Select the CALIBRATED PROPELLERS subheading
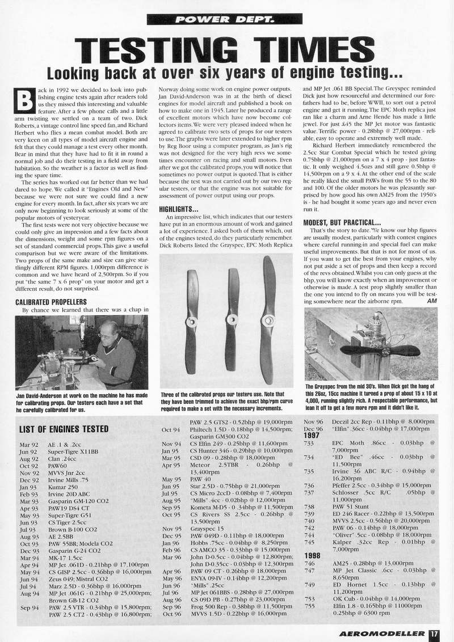point(51,302)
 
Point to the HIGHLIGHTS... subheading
point(178,209)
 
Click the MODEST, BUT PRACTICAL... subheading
point(341,222)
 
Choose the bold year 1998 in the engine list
point(313,556)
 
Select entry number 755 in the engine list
point(309,605)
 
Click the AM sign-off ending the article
point(430,301)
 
